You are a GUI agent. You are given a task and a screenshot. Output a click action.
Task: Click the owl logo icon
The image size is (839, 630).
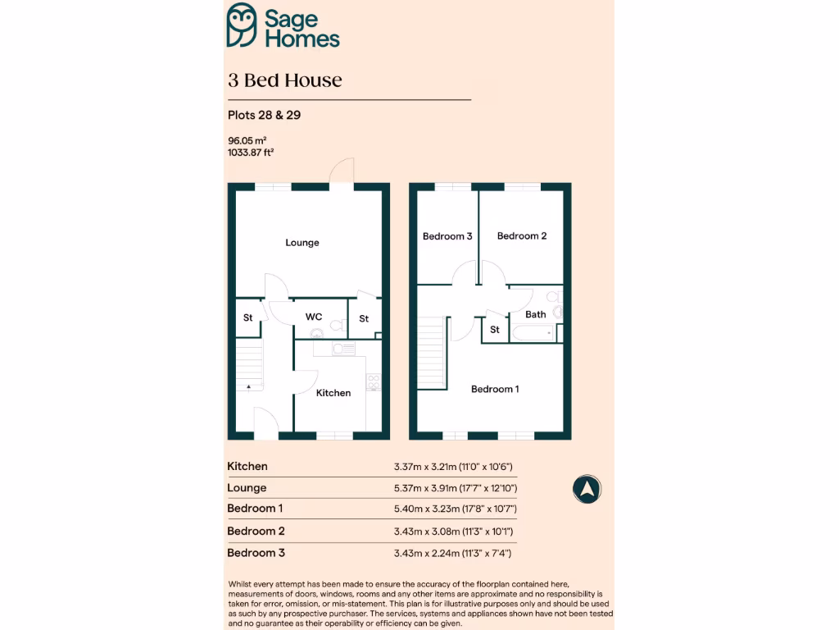pos(243,25)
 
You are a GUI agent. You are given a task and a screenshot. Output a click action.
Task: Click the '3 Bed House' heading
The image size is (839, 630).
pos(285,80)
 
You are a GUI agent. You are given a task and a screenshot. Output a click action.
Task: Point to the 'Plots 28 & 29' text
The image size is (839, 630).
pos(264,115)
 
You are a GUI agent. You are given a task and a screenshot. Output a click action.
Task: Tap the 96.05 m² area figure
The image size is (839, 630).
pos(247,140)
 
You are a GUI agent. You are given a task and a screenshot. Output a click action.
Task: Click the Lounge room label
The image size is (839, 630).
pos(302,243)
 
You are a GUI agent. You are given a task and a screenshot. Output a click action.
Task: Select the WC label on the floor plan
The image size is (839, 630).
pos(314,317)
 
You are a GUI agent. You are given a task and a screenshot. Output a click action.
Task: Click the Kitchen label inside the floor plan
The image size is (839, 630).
pos(333,393)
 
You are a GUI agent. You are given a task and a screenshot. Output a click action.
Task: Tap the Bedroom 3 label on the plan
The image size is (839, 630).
pos(447,236)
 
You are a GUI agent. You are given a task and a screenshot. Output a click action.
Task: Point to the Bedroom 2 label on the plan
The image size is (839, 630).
pos(522,236)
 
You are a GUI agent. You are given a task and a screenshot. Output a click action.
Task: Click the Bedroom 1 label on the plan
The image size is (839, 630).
pos(495,389)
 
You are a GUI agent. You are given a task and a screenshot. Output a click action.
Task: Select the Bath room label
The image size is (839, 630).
pos(536,314)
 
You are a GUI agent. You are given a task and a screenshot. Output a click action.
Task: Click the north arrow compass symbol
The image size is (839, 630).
pos(587,490)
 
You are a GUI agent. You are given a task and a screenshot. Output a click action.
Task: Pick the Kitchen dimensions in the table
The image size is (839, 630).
pos(453,467)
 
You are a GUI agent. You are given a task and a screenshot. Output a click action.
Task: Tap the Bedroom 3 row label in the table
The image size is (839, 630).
pos(256,553)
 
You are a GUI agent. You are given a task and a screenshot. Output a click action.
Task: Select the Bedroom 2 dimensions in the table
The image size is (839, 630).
pos(453,532)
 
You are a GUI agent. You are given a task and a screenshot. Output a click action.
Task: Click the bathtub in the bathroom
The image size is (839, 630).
pos(533,333)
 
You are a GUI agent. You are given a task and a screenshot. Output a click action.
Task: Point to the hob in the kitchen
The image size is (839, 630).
pos(374,381)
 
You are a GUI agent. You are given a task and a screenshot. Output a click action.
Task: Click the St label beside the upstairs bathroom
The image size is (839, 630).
pos(495,330)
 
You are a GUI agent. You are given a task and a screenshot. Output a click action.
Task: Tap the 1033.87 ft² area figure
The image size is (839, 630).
pos(251,152)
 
